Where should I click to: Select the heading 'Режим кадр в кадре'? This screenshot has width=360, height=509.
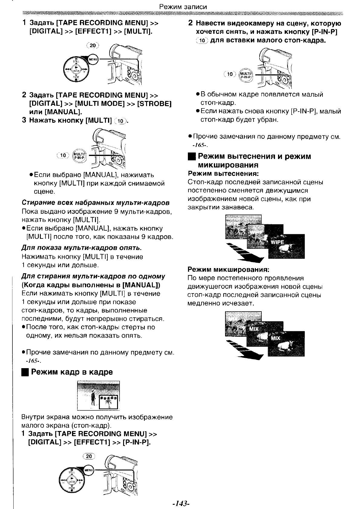pyautogui.click(x=72, y=372)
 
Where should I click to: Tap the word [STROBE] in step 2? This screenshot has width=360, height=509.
pyautogui.click(x=154, y=104)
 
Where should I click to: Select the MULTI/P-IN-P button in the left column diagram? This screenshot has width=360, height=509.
pyautogui.click(x=80, y=155)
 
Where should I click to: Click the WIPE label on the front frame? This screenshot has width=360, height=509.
pyautogui.click(x=277, y=242)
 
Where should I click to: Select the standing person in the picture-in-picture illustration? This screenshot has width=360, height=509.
pyautogui.click(x=94, y=397)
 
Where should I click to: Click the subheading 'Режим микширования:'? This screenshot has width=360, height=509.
pyautogui.click(x=228, y=269)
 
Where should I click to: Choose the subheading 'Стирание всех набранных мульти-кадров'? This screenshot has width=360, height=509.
pyautogui.click(x=96, y=202)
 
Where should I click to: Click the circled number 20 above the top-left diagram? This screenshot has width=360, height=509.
pyautogui.click(x=93, y=46)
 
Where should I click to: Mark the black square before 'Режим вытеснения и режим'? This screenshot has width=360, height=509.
pyautogui.click(x=191, y=157)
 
